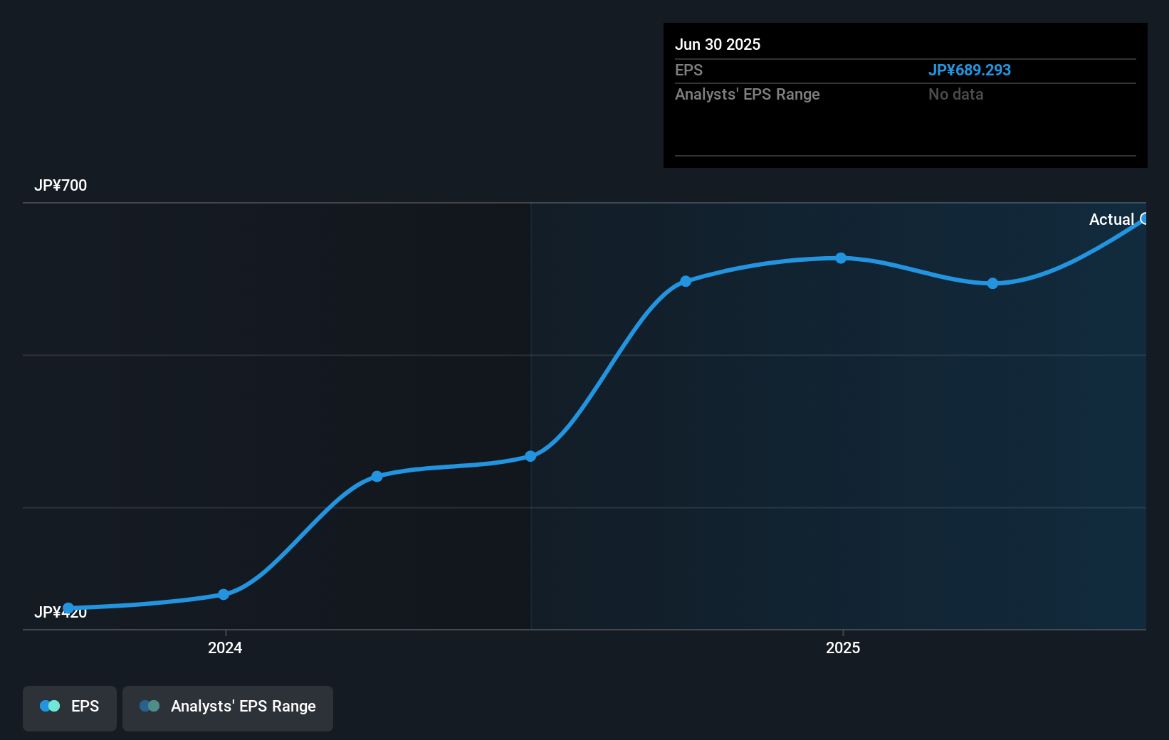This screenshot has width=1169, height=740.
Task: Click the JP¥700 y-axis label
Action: click(x=61, y=186)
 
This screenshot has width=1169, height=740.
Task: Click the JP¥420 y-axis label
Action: click(x=61, y=613)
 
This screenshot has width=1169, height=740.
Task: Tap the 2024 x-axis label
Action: click(x=225, y=647)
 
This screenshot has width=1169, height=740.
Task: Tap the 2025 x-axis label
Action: click(x=843, y=647)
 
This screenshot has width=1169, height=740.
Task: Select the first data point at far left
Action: click(x=68, y=608)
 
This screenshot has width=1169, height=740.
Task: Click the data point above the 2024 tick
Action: click(x=224, y=594)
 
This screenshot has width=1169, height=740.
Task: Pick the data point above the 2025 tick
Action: click(x=841, y=258)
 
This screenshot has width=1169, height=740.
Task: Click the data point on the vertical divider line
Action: click(x=530, y=456)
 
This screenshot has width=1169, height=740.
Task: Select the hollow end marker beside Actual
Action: click(x=1144, y=218)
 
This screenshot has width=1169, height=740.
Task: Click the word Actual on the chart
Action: click(x=1111, y=219)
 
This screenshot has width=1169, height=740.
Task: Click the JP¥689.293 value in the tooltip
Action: click(x=969, y=70)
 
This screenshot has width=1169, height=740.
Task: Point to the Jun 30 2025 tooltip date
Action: click(x=718, y=44)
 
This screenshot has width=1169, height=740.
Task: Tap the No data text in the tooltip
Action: click(x=955, y=94)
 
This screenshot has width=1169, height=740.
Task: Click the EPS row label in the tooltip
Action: click(x=688, y=70)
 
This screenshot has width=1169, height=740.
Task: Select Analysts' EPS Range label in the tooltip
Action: click(x=747, y=94)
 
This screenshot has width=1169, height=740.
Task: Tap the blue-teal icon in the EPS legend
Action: click(x=50, y=706)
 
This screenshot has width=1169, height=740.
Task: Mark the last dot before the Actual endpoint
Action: click(x=992, y=283)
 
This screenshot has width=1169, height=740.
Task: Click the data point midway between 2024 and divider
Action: click(x=377, y=476)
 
